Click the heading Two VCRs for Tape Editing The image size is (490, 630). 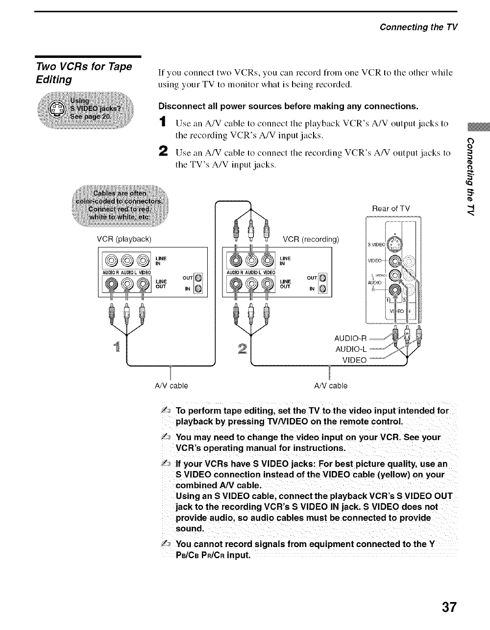click(84, 72)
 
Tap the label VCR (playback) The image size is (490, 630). click(124, 239)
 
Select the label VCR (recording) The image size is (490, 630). click(311, 239)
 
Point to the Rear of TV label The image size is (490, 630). click(391, 209)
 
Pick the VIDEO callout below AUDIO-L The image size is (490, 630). click(354, 360)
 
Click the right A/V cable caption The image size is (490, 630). click(331, 386)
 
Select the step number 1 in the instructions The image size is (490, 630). click(162, 123)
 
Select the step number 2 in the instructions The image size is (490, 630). click(162, 153)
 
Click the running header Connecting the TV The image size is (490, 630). click(418, 27)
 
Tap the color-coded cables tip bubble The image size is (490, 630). click(120, 201)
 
